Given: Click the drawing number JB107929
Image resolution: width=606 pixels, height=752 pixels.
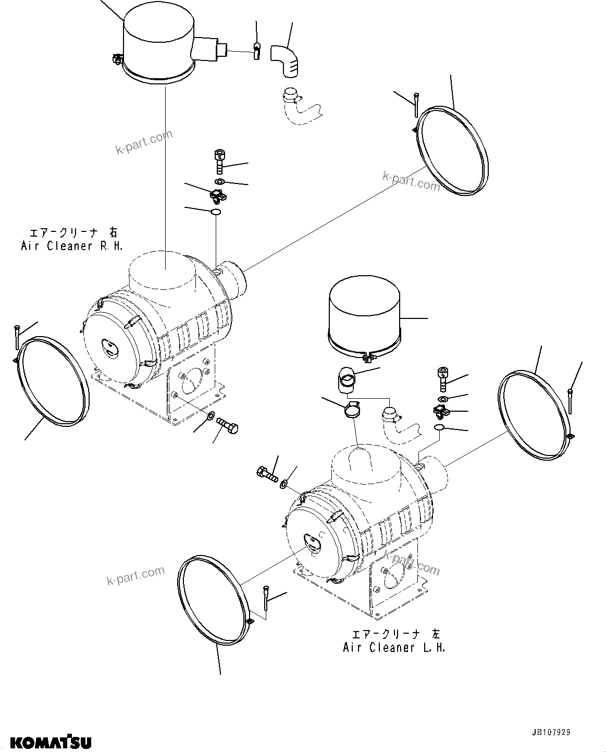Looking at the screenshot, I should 551,732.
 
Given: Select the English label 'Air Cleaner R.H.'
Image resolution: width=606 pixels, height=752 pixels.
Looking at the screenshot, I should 72,246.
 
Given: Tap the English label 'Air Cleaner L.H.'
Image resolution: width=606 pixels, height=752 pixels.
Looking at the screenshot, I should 394,647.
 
